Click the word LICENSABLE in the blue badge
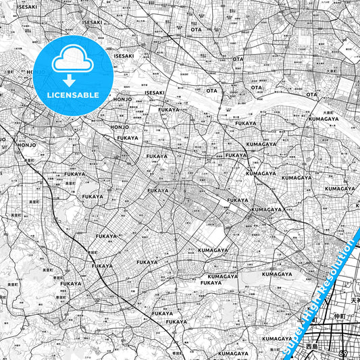pyautogui.click(x=74, y=95)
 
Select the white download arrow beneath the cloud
pyautogui.click(x=74, y=80)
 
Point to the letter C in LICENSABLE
pyautogui.click(x=58, y=95)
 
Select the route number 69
pyautogui.click(x=343, y=353)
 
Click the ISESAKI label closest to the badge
pyautogui.click(x=124, y=55)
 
